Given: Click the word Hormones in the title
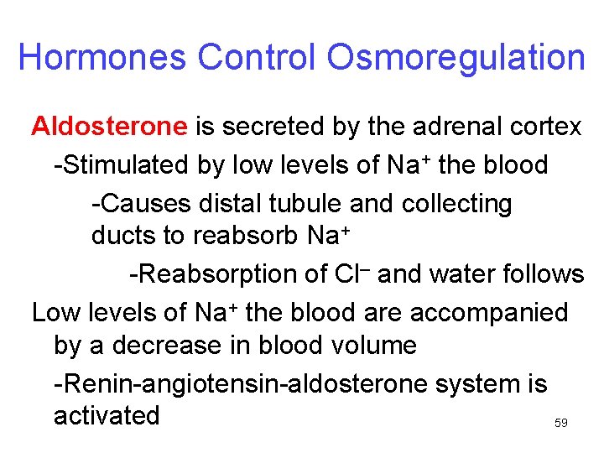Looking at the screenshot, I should [102, 57].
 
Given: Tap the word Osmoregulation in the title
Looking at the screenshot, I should [456, 57].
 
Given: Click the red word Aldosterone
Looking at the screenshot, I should [109, 127].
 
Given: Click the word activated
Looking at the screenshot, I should [107, 416].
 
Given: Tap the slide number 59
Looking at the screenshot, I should [561, 424].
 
